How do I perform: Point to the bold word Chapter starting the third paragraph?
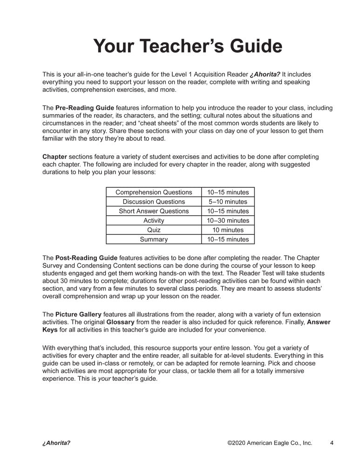coord(55,157)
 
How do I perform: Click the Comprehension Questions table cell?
coord(154,192)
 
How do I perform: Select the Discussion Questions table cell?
coord(154,202)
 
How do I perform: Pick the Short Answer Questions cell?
coord(154,211)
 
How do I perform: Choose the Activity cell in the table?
coord(154,220)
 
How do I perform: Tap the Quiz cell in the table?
coord(154,230)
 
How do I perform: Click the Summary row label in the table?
coord(154,240)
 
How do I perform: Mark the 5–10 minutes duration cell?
coord(228,202)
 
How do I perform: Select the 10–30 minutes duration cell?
coord(228,220)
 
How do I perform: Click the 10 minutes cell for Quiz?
coord(228,230)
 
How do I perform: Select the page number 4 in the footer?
coord(332,443)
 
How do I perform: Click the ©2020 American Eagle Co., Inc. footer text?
coord(270,443)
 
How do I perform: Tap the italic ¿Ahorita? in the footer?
coord(56,443)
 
